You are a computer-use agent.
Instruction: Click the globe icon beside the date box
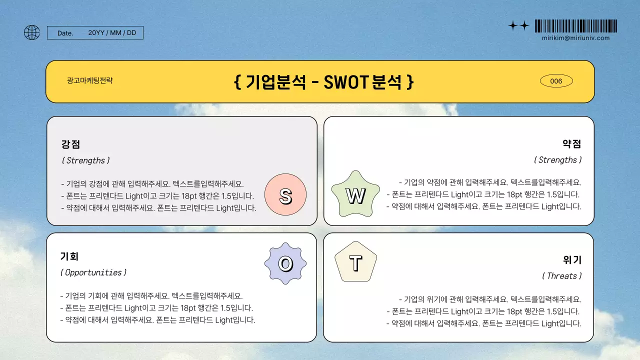[x=31, y=32]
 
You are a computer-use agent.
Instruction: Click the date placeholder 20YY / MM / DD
[x=112, y=33]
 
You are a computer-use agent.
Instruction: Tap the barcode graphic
[x=575, y=26]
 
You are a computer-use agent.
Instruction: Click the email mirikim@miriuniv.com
[x=575, y=38]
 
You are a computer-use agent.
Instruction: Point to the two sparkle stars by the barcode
[x=518, y=26]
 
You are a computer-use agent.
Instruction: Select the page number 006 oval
[x=556, y=81]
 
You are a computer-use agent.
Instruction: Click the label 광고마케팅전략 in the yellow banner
[x=89, y=80]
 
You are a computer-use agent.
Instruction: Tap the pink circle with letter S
[x=285, y=196]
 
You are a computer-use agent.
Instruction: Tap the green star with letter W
[x=355, y=196]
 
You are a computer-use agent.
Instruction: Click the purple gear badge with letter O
[x=285, y=263]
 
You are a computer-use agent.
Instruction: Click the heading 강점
[x=70, y=144]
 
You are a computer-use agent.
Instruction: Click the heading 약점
[x=571, y=144]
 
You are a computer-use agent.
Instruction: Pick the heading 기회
[x=69, y=256]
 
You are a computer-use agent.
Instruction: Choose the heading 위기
[x=572, y=260]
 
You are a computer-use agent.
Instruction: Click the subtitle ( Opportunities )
[x=93, y=272]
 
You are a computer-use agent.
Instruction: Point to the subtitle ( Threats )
[x=561, y=276]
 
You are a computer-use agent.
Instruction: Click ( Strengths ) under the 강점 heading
[x=85, y=160]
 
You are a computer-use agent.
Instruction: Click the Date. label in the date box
[x=65, y=33]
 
